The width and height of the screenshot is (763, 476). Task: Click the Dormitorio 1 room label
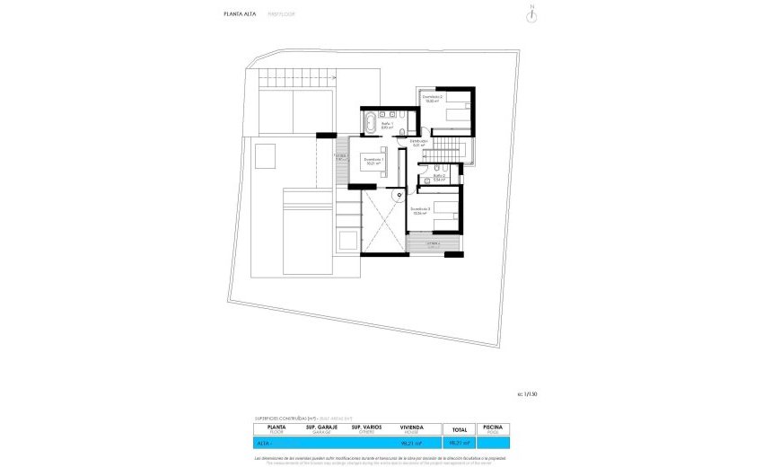(373, 163)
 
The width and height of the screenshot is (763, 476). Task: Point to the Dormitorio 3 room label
(421, 211)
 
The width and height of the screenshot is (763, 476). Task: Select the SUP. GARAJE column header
(321, 428)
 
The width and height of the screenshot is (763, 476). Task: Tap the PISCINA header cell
(493, 428)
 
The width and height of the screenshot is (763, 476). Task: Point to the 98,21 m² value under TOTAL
(460, 443)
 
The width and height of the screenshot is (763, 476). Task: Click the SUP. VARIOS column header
(368, 428)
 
